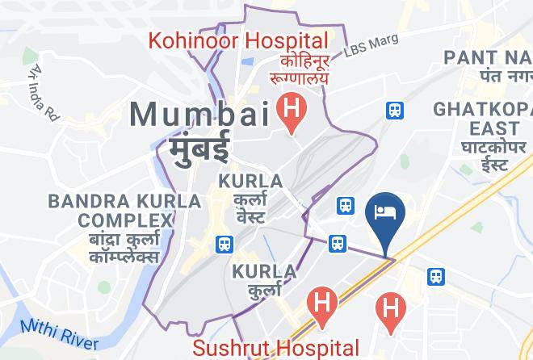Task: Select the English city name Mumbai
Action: click(202, 114)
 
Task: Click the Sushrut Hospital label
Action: click(275, 348)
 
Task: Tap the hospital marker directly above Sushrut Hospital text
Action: click(322, 306)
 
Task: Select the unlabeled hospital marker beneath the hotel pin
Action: click(391, 308)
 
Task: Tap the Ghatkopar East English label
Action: click(476, 119)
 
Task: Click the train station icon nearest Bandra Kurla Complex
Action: click(223, 242)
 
